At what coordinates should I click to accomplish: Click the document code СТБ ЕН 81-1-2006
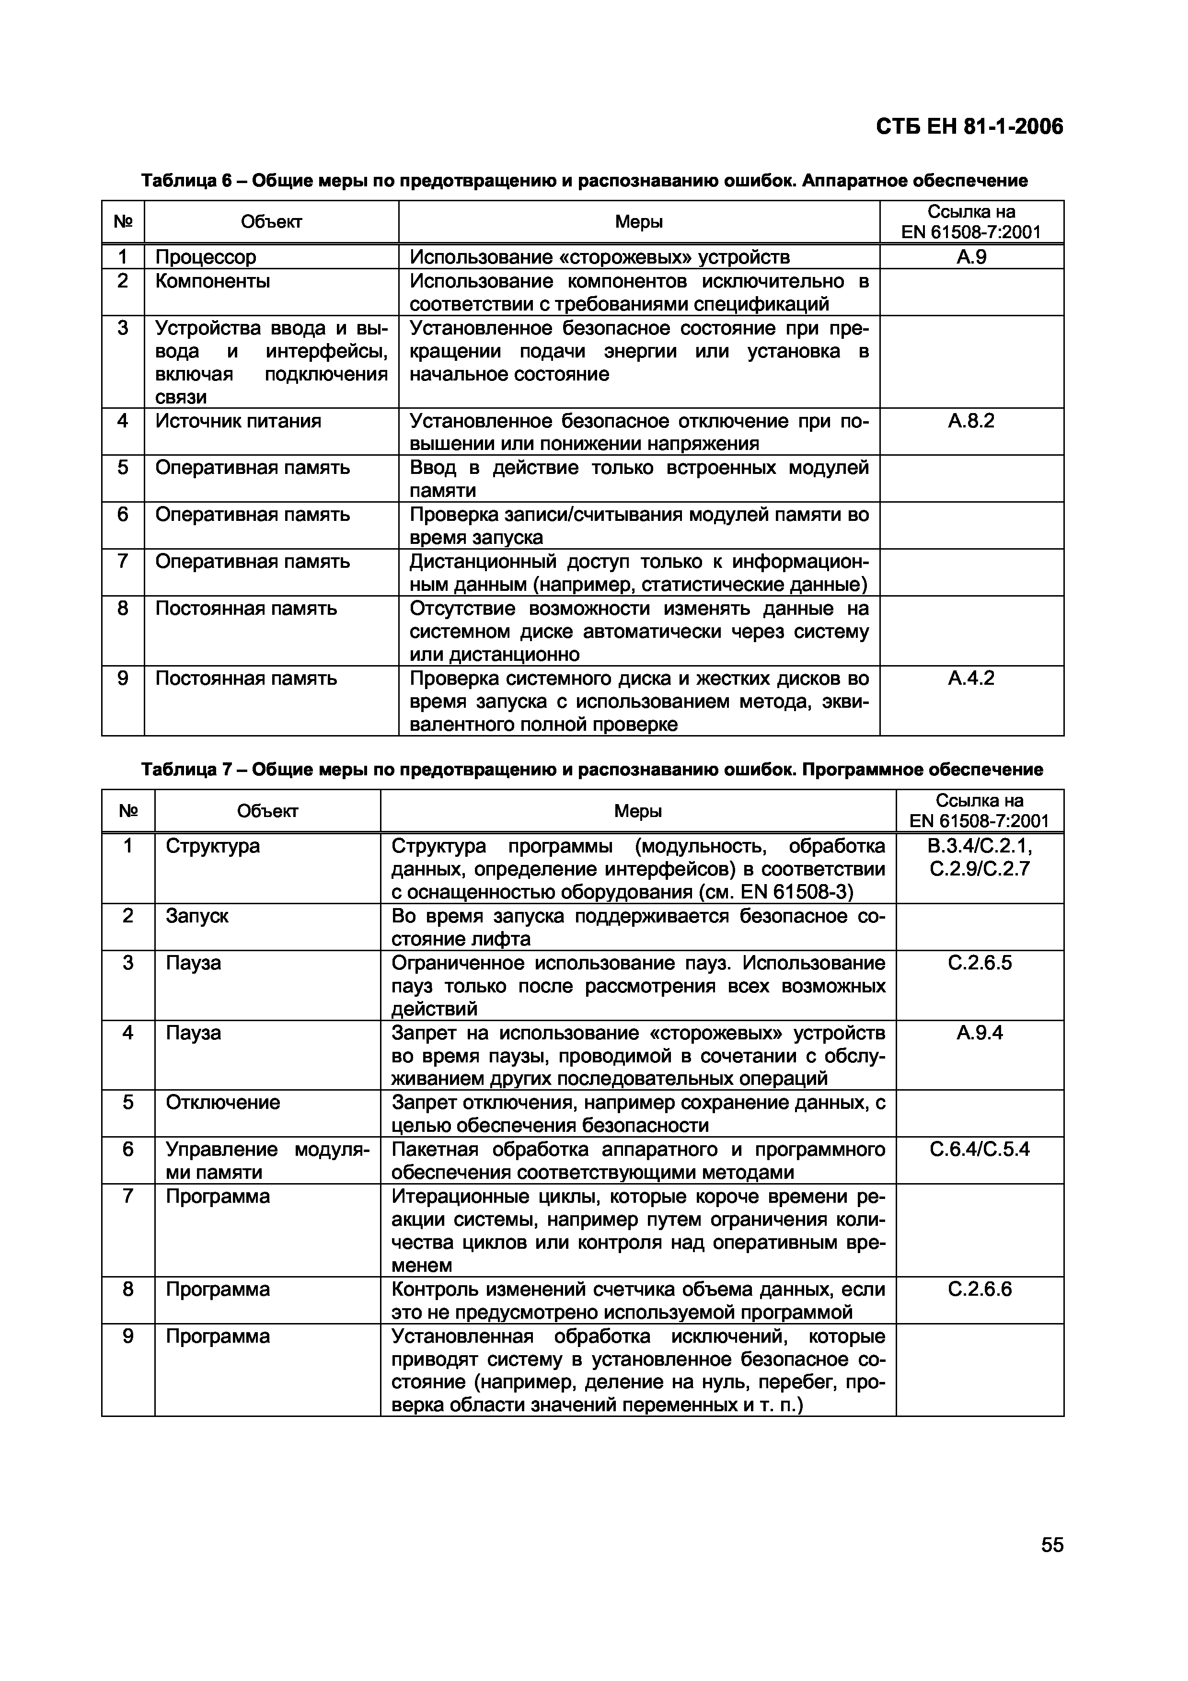coord(969,127)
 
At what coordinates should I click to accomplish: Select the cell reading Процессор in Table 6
coord(206,257)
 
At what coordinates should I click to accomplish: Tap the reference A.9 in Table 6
coord(971,257)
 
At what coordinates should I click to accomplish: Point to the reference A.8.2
coord(971,421)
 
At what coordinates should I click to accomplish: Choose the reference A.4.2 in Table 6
coord(971,678)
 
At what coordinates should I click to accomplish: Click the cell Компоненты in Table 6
coord(212,281)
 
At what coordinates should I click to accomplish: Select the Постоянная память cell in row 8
coord(246,609)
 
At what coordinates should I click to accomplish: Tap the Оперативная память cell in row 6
coord(253,515)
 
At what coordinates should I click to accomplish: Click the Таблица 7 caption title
coord(591,770)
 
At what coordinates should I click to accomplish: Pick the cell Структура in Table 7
coord(212,846)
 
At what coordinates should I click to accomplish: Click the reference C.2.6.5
coord(980,963)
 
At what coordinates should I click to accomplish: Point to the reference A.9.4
coord(980,1033)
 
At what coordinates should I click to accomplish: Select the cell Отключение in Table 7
coord(222,1103)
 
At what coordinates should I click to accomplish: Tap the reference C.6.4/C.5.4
coord(980,1150)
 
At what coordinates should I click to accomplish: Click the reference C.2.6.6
coord(980,1290)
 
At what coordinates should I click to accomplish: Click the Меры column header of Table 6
coord(638,222)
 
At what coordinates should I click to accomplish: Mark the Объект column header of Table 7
coord(267,811)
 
